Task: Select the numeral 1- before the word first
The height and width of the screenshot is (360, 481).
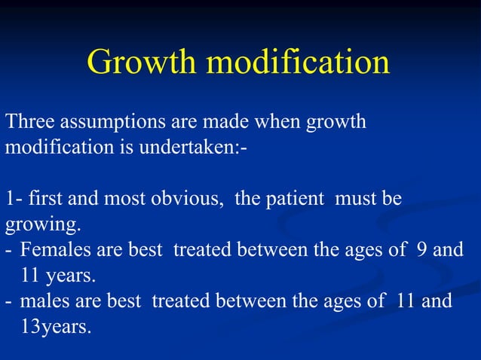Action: pos(13,200)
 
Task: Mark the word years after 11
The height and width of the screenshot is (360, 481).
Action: pos(71,276)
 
